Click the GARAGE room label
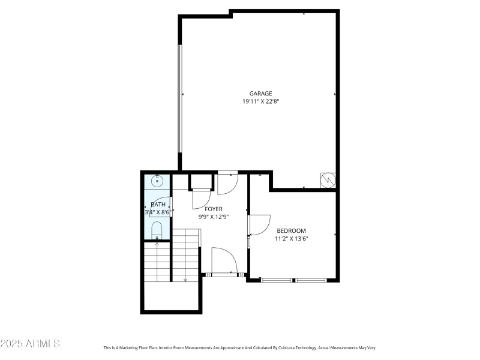[x=261, y=94]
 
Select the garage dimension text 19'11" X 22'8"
[x=261, y=102]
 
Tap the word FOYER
[x=214, y=209]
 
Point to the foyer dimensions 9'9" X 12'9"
[x=214, y=217]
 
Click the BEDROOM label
[x=291, y=231]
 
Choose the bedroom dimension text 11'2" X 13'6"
[x=291, y=239]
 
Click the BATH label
[x=158, y=205]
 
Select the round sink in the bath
[x=158, y=181]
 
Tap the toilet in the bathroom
[x=157, y=230]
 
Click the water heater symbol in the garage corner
[x=328, y=180]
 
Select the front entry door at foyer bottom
[x=224, y=262]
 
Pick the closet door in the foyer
[x=201, y=199]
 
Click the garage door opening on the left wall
[x=179, y=99]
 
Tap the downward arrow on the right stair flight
[x=185, y=278]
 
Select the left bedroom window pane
[x=277, y=280]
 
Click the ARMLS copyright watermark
[x=30, y=344]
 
